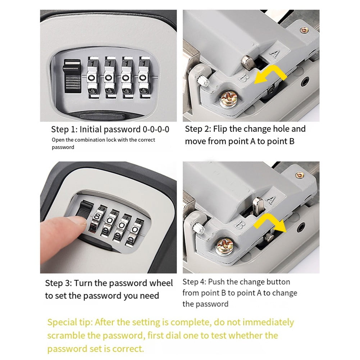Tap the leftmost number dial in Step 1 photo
coord(93,77)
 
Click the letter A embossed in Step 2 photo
coord(274,54)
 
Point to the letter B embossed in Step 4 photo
coord(239,225)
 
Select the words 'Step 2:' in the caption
coord(198,129)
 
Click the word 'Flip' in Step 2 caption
coord(221,129)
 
